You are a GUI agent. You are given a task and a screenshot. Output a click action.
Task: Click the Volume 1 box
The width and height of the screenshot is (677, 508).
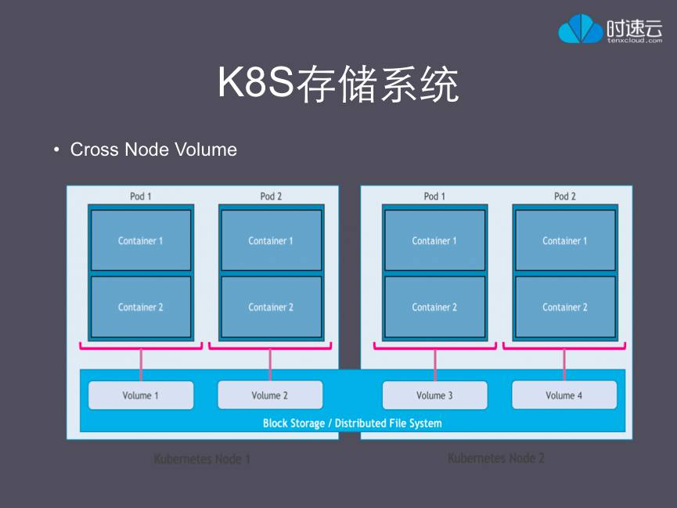click(141, 395)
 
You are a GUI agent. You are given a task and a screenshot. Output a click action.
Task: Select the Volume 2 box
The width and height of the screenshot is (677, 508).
click(270, 395)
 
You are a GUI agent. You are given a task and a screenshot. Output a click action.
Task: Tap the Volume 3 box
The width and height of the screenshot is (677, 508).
click(434, 395)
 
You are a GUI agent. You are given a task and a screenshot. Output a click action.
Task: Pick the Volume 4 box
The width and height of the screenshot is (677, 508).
click(564, 395)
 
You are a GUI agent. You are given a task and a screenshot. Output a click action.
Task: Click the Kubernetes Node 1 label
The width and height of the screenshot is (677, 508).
click(202, 459)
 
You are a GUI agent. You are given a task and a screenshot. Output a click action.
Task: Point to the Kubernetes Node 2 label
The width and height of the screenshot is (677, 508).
click(496, 458)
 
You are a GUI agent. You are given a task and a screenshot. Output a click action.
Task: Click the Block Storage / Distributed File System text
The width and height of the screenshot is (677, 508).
click(352, 423)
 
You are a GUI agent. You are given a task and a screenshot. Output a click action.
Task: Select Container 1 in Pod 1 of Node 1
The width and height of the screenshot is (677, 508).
click(141, 240)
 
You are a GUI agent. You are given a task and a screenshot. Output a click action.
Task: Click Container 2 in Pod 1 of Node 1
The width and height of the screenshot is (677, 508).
click(141, 307)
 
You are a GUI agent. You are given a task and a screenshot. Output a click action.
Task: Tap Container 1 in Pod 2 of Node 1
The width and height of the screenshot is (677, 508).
click(271, 240)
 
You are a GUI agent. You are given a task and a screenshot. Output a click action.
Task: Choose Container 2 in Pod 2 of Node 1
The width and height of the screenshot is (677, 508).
click(271, 307)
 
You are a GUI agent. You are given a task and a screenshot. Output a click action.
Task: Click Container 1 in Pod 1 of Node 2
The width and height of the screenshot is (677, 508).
click(434, 240)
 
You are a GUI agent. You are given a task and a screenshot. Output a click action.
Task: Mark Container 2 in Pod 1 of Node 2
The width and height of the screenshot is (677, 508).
click(434, 307)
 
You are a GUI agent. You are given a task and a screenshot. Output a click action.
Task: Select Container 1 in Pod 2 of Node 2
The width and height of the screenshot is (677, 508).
click(564, 240)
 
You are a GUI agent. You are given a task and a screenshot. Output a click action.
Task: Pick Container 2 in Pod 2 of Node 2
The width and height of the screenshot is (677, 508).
click(564, 307)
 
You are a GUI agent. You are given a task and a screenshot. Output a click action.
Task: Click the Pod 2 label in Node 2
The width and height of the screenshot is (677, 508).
click(564, 196)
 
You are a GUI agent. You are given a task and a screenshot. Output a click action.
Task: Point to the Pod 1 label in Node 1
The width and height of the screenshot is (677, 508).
click(141, 196)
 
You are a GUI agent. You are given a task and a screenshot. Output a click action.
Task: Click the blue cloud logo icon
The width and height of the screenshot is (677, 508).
click(580, 29)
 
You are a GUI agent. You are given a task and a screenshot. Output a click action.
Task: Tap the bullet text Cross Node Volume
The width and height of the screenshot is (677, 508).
click(153, 150)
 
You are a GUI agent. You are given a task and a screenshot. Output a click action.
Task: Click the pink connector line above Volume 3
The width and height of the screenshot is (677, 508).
click(435, 363)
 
